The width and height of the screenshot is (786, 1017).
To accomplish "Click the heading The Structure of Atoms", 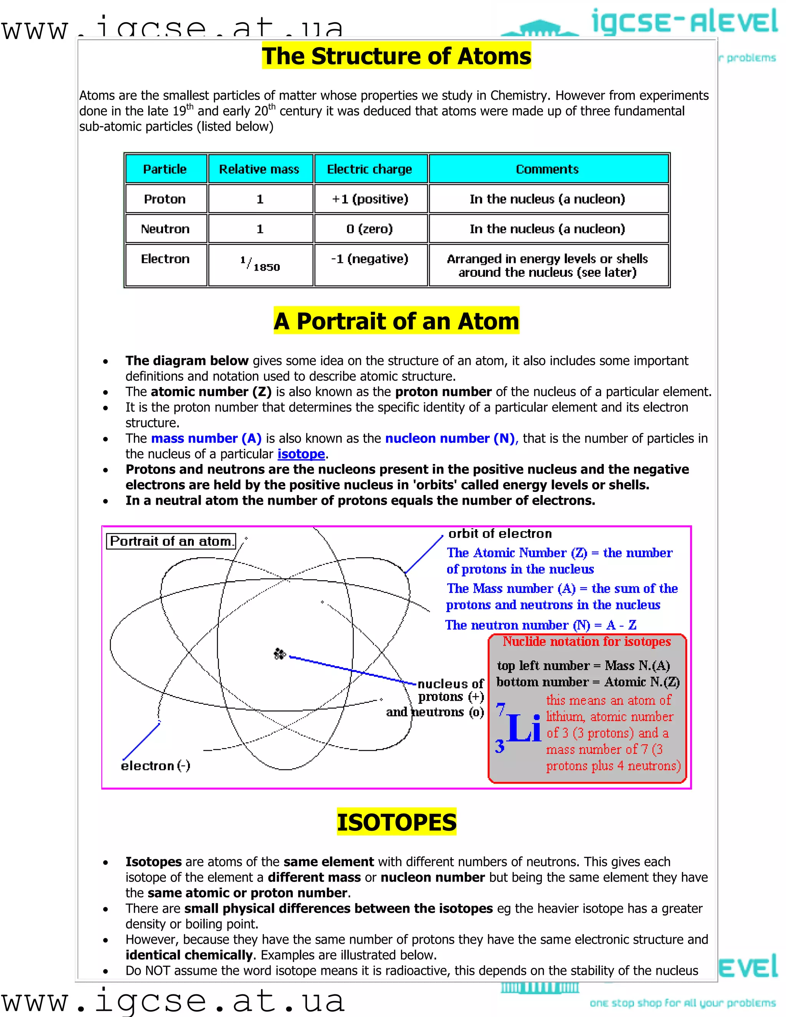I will coord(396,56).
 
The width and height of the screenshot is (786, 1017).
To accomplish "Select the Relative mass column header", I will coord(259,169).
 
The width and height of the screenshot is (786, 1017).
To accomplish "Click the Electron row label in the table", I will coord(165,259).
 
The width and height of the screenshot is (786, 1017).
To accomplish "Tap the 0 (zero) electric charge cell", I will coord(370,229).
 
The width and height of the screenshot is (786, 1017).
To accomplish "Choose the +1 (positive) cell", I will coord(370,199).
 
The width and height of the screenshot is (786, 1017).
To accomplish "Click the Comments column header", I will coord(547,169).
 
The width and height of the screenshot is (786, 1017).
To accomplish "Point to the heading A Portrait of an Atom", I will coord(396,321).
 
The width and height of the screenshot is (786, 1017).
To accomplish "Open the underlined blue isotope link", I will coord(301,454).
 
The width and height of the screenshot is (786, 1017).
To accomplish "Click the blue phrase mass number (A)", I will coord(206,438).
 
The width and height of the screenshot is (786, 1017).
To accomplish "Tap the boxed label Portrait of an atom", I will coord(171,541).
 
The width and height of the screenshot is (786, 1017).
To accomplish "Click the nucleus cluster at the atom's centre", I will coord(279,654).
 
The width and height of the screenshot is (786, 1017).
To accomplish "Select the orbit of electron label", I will coord(500,534).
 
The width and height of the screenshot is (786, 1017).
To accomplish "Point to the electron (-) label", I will coord(155,766).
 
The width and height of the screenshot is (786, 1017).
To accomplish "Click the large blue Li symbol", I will coord(524,727).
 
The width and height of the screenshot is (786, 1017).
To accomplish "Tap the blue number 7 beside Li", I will coord(500,709).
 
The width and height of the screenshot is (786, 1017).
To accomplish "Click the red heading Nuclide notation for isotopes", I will coord(586,642).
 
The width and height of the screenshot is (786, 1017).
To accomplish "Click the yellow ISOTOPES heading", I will coord(396,822).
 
